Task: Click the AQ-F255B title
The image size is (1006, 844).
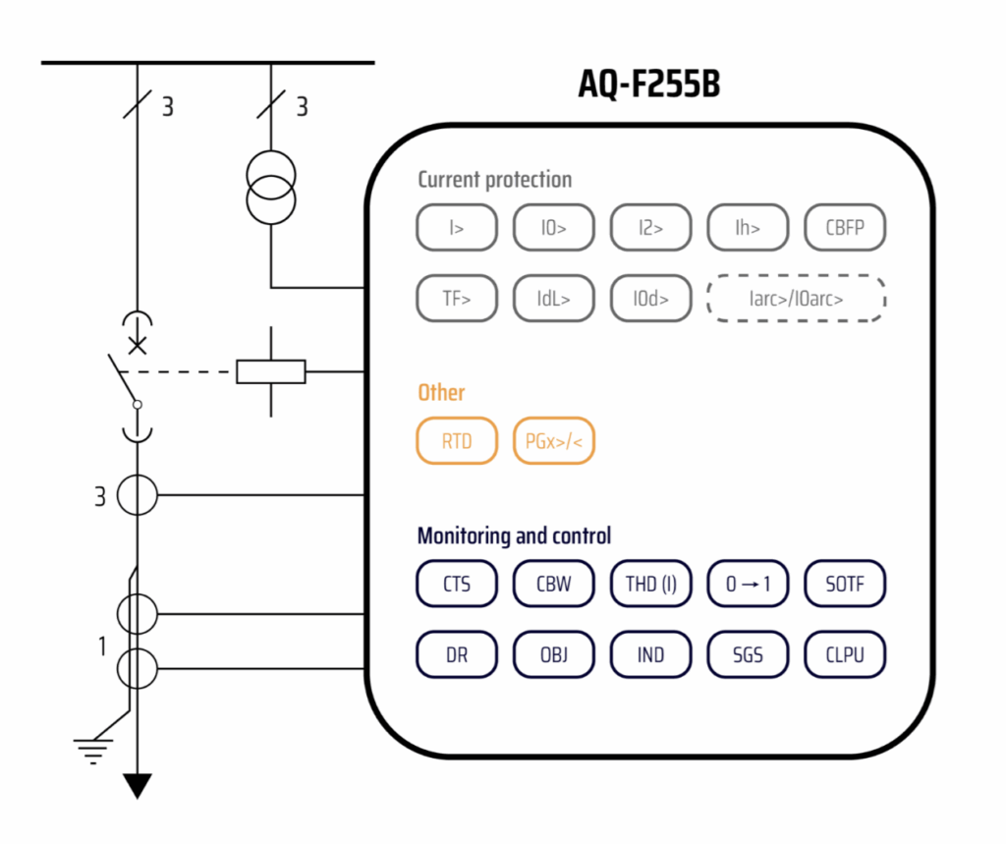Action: tap(648, 85)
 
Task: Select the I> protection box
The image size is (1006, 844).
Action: tap(456, 228)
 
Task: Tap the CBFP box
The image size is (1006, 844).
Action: tap(845, 228)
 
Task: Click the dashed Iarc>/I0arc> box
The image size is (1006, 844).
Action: tap(796, 299)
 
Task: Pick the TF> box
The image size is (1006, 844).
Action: tap(456, 299)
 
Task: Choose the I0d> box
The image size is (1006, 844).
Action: tap(650, 299)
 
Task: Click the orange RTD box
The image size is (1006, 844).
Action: tap(456, 441)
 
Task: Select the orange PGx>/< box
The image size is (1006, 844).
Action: tap(554, 441)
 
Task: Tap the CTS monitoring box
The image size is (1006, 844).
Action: tap(456, 584)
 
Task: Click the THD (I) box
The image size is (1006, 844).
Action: tap(650, 584)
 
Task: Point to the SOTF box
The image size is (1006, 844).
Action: tap(845, 584)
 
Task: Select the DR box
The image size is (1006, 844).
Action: tap(456, 654)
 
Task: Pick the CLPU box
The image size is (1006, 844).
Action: tap(845, 654)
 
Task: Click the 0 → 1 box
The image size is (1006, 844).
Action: tap(748, 584)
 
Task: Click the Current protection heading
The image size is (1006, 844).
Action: tap(494, 180)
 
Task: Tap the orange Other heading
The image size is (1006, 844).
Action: tap(441, 392)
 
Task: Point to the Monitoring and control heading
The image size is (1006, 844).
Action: tap(514, 535)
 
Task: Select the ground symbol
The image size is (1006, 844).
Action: tap(93, 752)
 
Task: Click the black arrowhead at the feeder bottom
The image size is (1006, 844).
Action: tap(137, 785)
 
